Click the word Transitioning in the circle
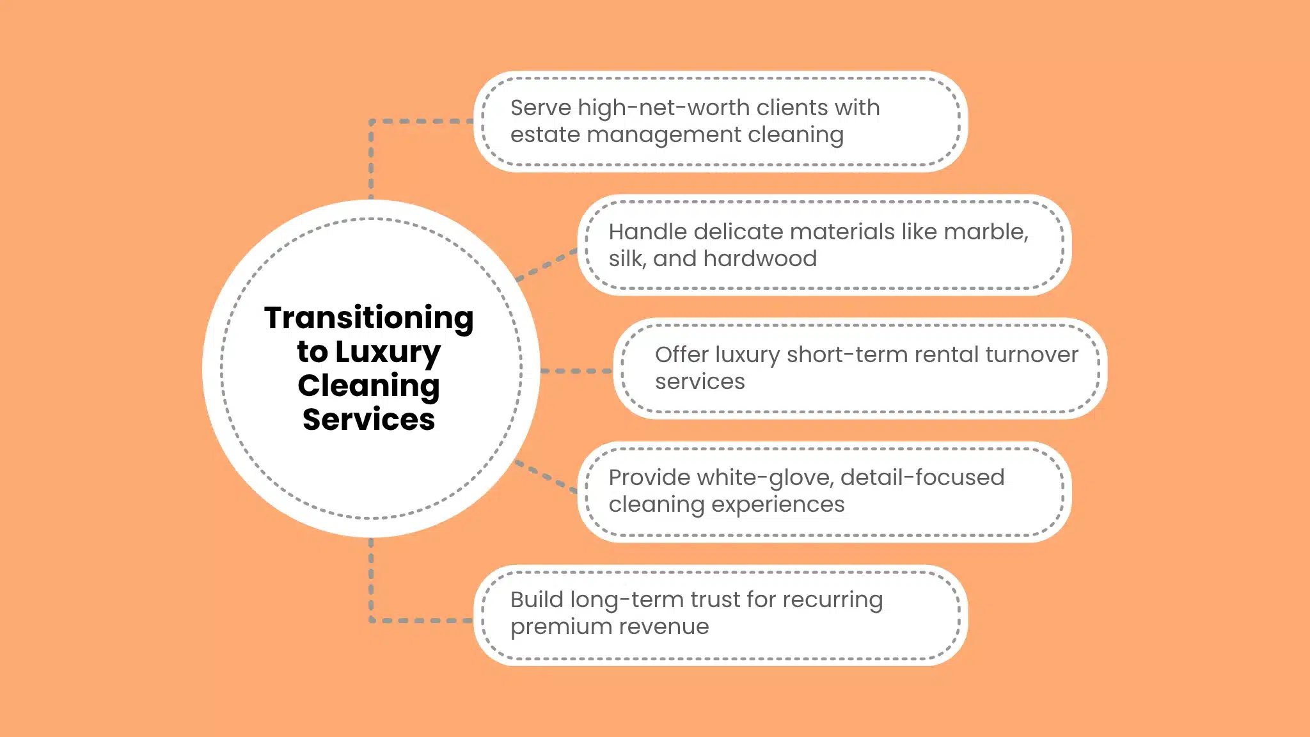(368, 318)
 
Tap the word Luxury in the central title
(388, 353)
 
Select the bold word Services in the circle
(368, 420)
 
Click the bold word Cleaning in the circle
(368, 386)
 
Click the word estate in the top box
(544, 135)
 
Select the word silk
(626, 258)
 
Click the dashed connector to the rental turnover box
(576, 370)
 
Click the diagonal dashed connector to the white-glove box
(547, 476)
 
